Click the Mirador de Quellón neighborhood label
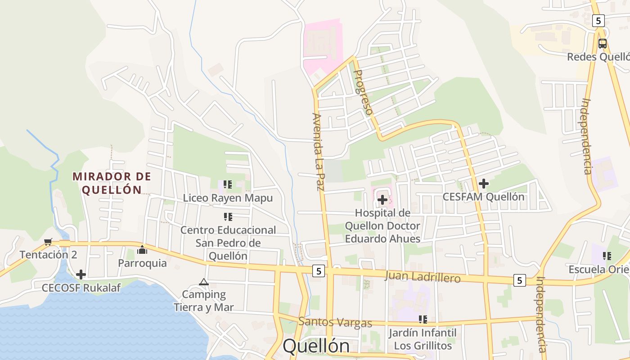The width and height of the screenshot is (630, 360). pos(112,183)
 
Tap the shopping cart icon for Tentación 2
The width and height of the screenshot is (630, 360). pos(48,242)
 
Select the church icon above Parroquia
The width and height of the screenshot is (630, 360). pos(142,249)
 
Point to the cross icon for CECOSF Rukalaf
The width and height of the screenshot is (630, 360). pos(81,274)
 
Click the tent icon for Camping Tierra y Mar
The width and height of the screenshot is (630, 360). pos(204,282)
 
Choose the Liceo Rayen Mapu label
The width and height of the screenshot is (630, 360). pos(228,198)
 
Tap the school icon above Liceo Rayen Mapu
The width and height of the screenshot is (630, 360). pos(228,184)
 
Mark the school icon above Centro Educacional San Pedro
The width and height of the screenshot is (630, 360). pos(228,217)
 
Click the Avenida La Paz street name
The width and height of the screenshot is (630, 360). pos(318,152)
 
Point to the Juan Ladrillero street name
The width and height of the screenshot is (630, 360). pos(423,277)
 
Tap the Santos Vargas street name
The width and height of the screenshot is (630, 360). pos(335,323)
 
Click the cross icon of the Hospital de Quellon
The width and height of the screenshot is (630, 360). pos(382,199)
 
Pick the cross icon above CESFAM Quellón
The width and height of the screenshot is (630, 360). pos(484,184)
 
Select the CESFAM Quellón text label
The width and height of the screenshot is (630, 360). pos(483,197)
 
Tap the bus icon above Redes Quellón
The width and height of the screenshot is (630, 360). pos(602,44)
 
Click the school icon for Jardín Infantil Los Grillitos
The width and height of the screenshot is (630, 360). pos(423,319)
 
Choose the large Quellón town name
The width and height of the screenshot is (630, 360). pos(316,346)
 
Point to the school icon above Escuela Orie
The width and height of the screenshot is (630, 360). pos(607,256)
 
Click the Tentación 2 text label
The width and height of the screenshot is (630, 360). pos(48,255)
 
